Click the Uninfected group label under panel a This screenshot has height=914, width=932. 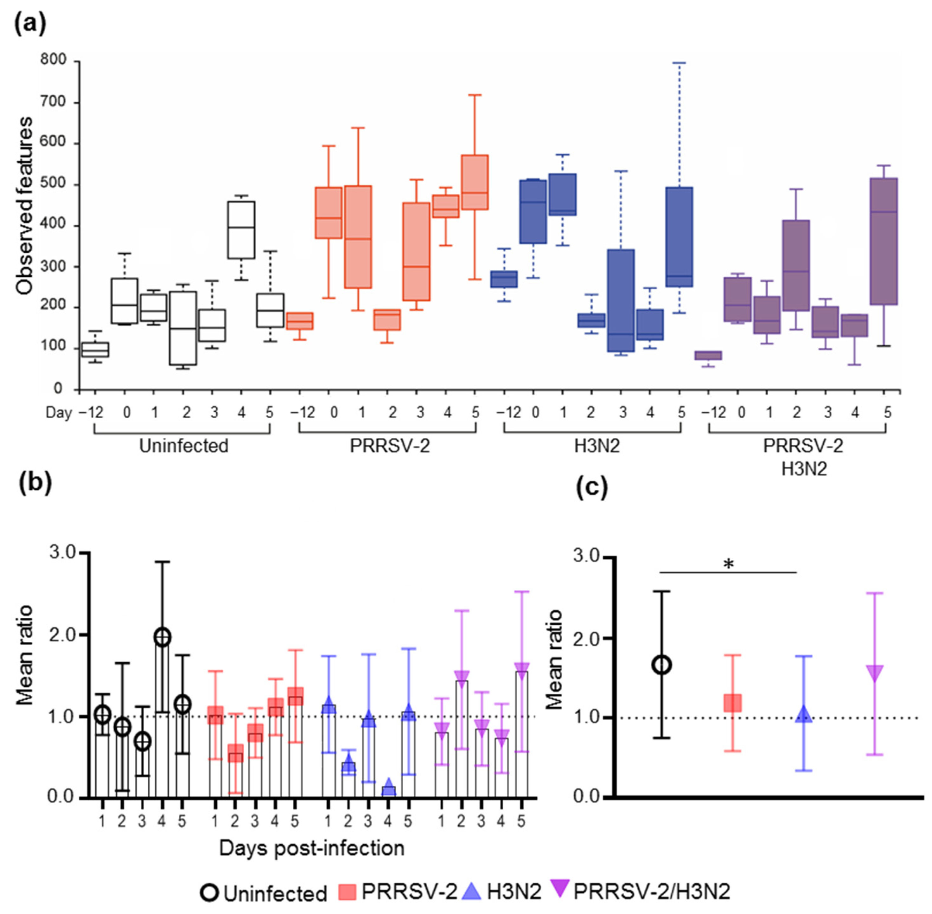click(183, 446)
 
